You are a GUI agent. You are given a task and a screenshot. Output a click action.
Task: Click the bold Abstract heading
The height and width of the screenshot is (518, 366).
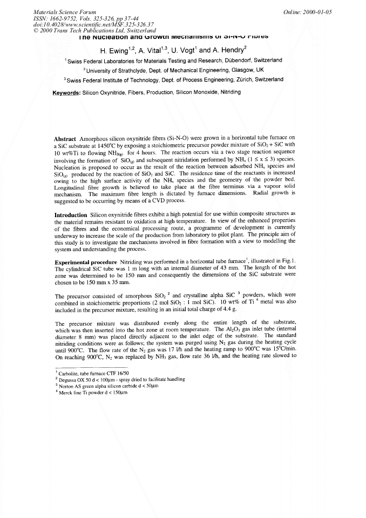pyautogui.click(x=69, y=139)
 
